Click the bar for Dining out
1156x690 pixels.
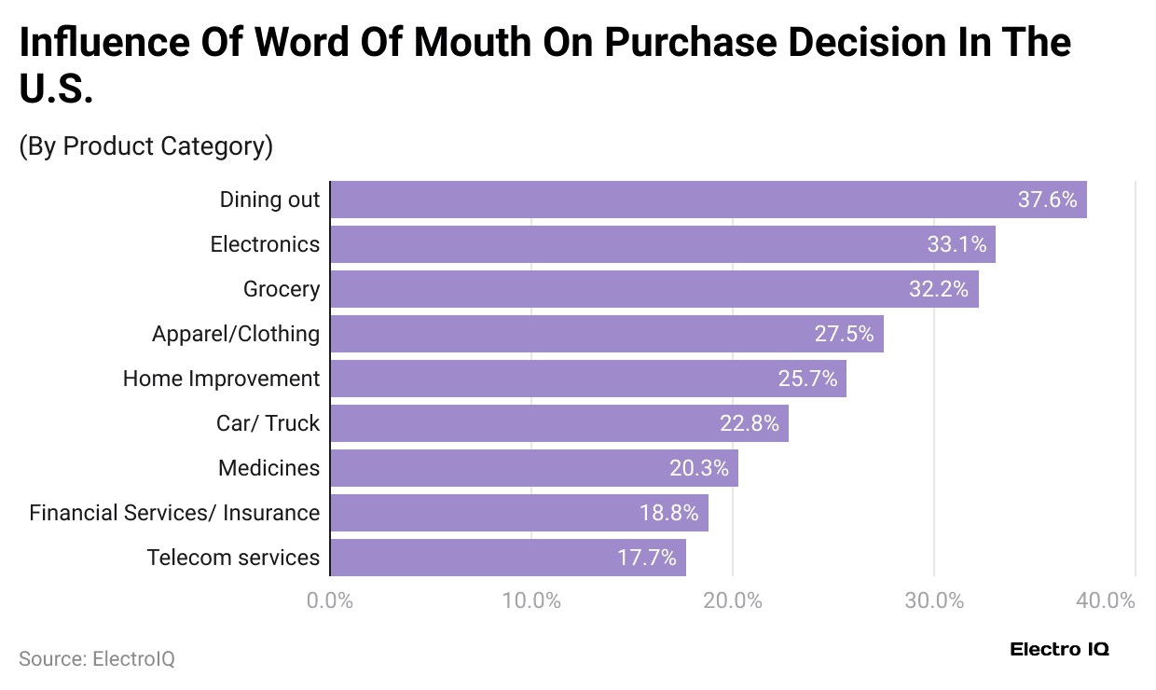(709, 200)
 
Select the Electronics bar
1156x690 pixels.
(663, 244)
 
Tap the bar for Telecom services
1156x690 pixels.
(508, 558)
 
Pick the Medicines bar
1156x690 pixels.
(534, 468)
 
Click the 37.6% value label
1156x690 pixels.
(1047, 200)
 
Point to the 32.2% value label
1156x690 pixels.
(939, 289)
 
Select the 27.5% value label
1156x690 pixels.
(844, 334)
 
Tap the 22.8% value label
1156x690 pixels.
(749, 423)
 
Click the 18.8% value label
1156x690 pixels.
(668, 513)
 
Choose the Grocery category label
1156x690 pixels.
(281, 289)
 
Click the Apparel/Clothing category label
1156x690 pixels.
(236, 334)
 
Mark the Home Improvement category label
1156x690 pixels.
(221, 379)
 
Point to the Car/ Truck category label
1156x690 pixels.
(268, 423)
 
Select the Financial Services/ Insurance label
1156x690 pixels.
(174, 513)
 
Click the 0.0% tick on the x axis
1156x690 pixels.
(330, 600)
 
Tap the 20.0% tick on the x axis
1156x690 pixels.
(733, 600)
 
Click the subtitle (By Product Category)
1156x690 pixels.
(145, 146)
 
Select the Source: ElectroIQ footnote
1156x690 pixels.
(97, 658)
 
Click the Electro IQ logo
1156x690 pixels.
(1059, 649)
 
